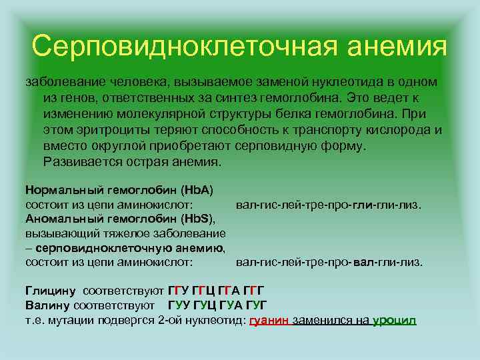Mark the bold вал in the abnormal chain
click(x=365, y=262)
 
